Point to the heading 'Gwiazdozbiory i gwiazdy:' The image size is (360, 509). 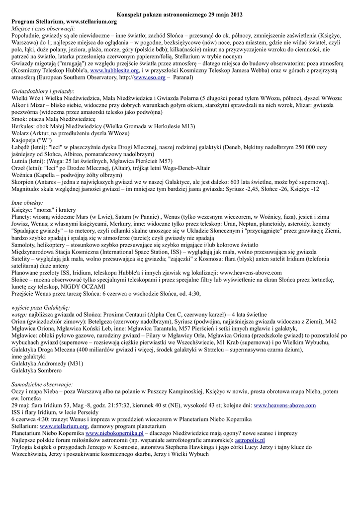(43, 91)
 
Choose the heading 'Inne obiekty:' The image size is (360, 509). (27, 203)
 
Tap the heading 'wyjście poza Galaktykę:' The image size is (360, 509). (41, 308)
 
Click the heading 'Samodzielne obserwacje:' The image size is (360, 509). (43, 384)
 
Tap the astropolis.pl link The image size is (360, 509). (250, 440)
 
